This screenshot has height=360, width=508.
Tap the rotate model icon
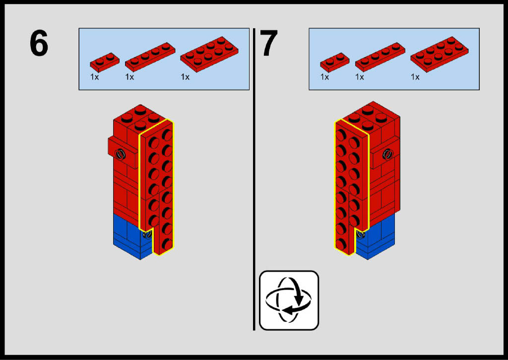coord(289,300)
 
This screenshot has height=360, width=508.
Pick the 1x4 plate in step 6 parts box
coord(150,56)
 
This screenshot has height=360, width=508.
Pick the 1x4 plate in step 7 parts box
coord(380,56)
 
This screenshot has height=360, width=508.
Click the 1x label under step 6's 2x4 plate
coord(186,77)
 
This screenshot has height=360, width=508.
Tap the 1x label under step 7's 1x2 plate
coord(325,77)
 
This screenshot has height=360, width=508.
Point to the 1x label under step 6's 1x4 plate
coord(130,77)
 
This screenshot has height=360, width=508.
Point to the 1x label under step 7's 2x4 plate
coord(415,77)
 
